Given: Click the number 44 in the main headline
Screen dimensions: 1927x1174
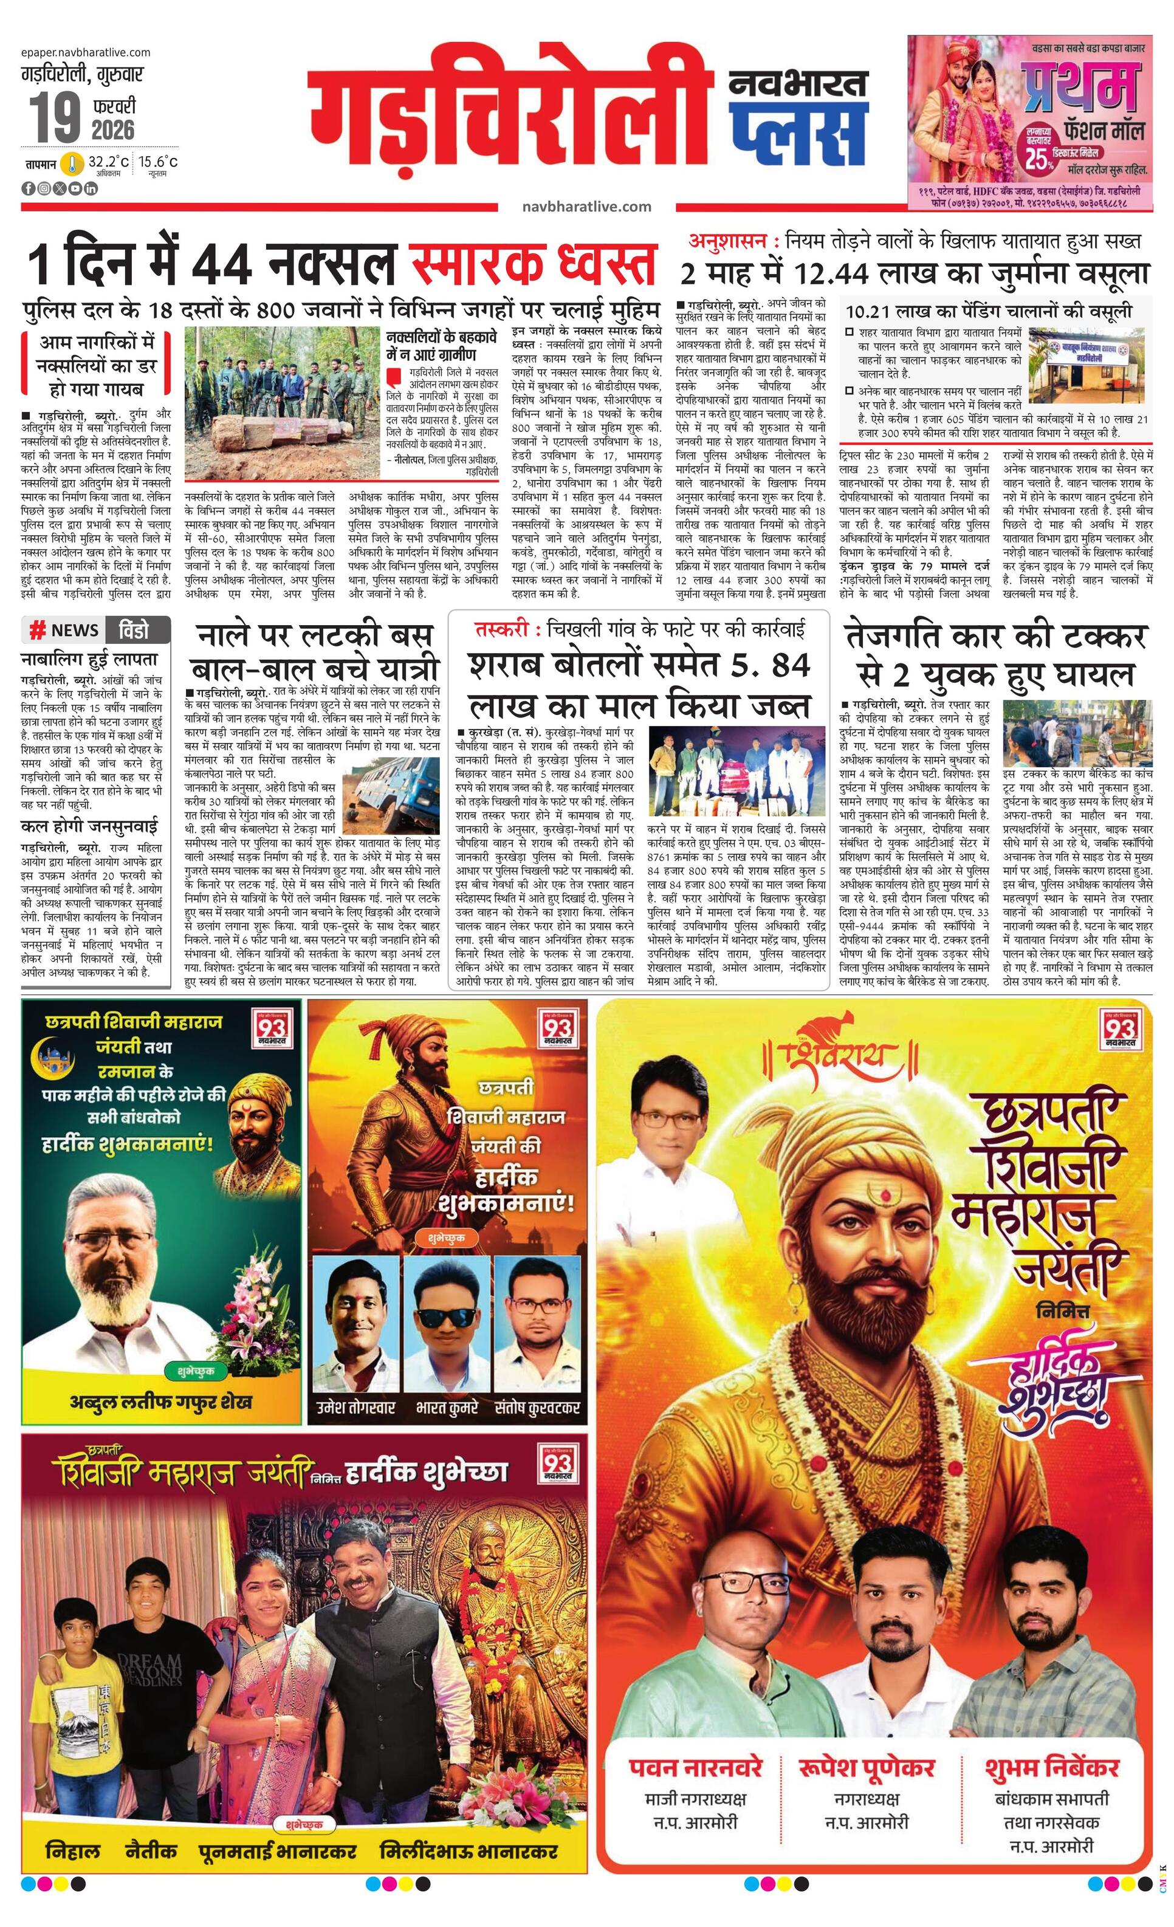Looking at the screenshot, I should click(222, 265).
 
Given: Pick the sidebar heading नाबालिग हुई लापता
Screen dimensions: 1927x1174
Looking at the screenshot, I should click(89, 659).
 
